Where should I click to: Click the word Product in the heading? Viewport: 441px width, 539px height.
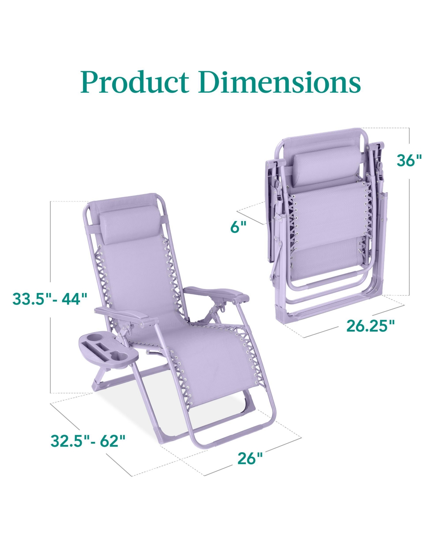[135, 82]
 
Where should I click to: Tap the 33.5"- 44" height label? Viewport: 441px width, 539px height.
[50, 299]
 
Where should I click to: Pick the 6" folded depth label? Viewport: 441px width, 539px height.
[239, 227]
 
